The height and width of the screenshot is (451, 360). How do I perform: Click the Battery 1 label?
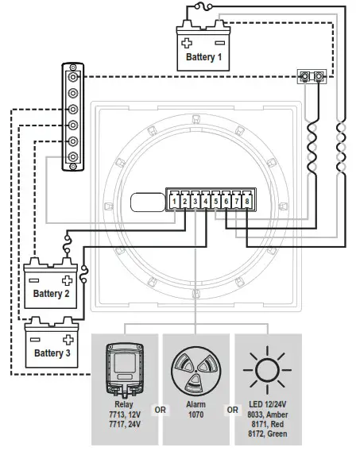pos(204,57)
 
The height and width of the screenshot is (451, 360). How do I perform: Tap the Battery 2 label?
pos(51,293)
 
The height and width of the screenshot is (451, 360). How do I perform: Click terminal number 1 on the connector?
pos(174,202)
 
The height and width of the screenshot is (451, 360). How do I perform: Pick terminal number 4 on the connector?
pos(206,202)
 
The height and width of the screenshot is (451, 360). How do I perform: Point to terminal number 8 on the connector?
pos(247,202)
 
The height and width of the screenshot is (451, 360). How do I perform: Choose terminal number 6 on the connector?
pos(226,202)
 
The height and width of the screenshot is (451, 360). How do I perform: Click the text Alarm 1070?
pos(196,409)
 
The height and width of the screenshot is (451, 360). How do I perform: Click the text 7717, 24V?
pos(125,424)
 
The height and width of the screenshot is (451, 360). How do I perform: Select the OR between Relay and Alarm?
pos(160,411)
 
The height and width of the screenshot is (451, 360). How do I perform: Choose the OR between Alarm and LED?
pos(231,411)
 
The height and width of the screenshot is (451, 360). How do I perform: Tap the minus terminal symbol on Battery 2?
pos(34,279)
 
